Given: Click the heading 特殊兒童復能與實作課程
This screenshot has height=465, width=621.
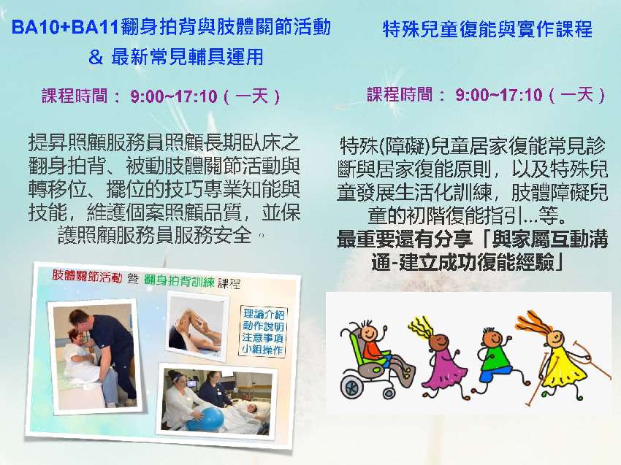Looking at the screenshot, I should (x=487, y=30).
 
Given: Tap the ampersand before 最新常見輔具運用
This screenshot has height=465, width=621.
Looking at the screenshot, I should (x=95, y=57).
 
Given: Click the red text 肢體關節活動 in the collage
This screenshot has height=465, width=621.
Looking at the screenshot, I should (x=87, y=277).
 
